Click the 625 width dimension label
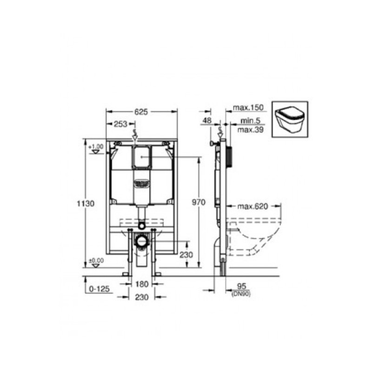141,112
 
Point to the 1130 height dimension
88,203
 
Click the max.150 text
248,108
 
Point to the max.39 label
250,130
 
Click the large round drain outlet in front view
141,241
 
